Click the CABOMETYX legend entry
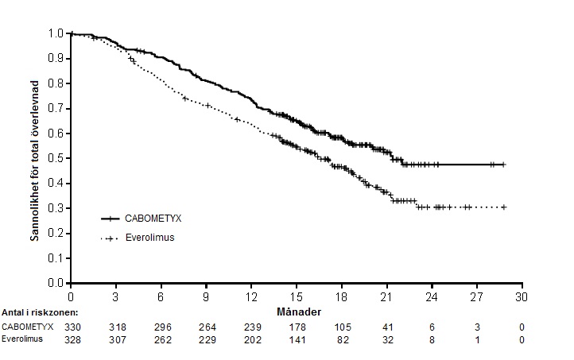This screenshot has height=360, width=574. pyautogui.click(x=142, y=219)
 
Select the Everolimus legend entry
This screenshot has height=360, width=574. pyautogui.click(x=138, y=238)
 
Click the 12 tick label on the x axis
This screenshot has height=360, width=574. pyautogui.click(x=251, y=296)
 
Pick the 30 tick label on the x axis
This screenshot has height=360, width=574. pyautogui.click(x=522, y=296)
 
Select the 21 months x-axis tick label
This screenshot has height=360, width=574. pyautogui.click(x=387, y=296)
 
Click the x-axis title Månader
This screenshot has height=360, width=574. pyautogui.click(x=299, y=312)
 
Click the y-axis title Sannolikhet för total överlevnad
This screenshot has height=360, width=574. pyautogui.click(x=34, y=161)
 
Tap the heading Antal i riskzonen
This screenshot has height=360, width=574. pyautogui.click(x=40, y=312)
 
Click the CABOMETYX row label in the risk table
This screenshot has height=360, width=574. pyautogui.click(x=28, y=327)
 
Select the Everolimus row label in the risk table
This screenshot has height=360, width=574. pyautogui.click(x=22, y=339)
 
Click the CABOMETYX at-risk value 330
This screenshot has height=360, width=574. pyautogui.click(x=72, y=327)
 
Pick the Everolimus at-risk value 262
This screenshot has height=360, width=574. pyautogui.click(x=162, y=340)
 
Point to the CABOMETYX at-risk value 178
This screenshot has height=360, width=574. pyautogui.click(x=297, y=327)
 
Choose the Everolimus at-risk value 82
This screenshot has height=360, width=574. pyautogui.click(x=343, y=340)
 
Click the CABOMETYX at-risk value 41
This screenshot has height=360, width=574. pyautogui.click(x=388, y=327)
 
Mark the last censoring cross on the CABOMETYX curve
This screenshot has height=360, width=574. pyautogui.click(x=504, y=165)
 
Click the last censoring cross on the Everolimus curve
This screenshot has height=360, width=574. pyautogui.click(x=504, y=207)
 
